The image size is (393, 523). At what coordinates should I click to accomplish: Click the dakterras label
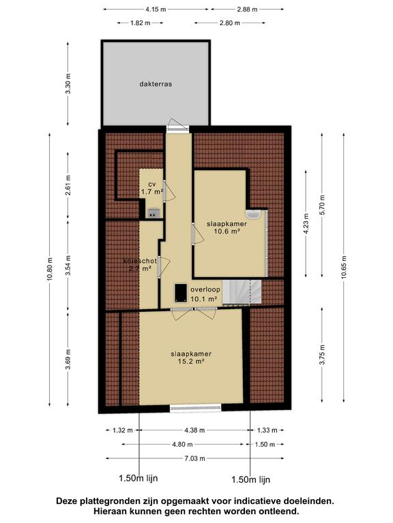(x=156, y=84)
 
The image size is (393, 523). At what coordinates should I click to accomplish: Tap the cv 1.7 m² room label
(x=152, y=188)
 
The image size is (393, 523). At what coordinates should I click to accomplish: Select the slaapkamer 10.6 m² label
(x=227, y=227)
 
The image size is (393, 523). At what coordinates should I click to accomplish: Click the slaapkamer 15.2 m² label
(x=191, y=358)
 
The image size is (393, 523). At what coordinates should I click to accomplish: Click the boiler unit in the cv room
(x=154, y=212)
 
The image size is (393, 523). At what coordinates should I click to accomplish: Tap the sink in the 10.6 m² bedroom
(x=252, y=215)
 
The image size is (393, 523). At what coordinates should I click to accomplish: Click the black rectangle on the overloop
(x=181, y=293)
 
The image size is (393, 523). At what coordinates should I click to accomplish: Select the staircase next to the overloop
(x=242, y=292)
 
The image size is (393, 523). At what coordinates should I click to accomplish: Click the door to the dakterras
(x=178, y=127)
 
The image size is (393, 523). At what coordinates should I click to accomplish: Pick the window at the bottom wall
(x=196, y=408)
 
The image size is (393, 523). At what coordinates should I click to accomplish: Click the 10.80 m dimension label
(x=50, y=269)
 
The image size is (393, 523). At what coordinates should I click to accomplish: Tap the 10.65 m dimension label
(x=345, y=268)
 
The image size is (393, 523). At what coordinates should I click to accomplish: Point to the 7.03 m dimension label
(x=195, y=458)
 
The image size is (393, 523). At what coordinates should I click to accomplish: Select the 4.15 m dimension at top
(x=156, y=10)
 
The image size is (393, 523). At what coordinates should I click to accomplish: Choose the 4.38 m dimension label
(x=194, y=430)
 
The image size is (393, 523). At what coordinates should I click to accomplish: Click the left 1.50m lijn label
(x=139, y=478)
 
